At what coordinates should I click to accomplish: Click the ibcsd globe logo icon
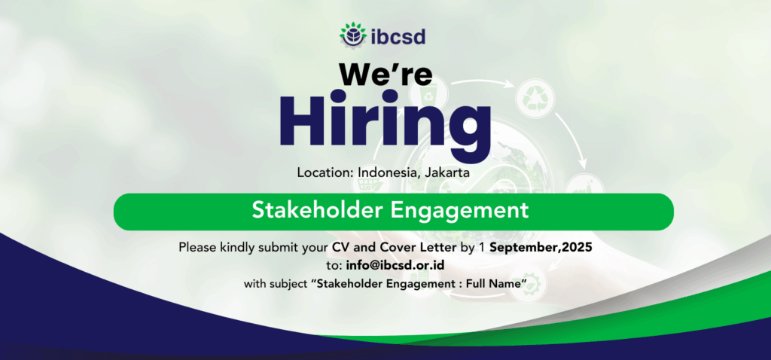click(x=353, y=35)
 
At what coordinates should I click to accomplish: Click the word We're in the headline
click(x=385, y=74)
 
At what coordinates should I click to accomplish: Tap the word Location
click(x=325, y=172)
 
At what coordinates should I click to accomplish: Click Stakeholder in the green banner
click(x=317, y=210)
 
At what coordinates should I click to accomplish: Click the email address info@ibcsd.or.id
click(x=395, y=265)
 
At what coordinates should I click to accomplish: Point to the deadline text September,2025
click(x=541, y=247)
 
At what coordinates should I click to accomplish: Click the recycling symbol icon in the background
click(x=535, y=99)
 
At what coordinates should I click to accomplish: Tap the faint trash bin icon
click(x=431, y=93)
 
